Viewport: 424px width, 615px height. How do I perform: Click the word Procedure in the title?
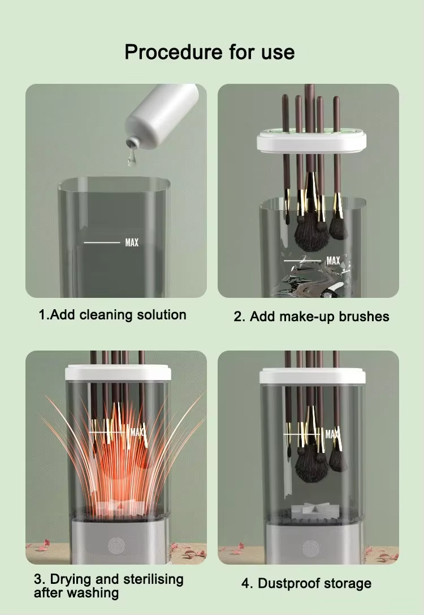pos(174,52)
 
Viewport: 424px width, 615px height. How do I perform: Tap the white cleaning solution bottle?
pos(162,114)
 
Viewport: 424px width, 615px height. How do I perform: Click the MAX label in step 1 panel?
pos(132,243)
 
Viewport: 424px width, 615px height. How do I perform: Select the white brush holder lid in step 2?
pos(311,142)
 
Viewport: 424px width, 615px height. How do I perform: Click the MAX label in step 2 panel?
pos(333,261)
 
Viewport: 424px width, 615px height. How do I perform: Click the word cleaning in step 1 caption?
pos(103,315)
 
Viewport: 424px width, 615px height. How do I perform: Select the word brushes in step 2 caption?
pos(364,317)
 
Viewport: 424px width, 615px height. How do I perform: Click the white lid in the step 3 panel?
pos(118,372)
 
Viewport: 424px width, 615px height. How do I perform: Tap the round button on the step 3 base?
pos(116,545)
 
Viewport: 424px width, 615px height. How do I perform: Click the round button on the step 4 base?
pos(311,548)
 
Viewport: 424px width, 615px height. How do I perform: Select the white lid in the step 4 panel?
pos(313,376)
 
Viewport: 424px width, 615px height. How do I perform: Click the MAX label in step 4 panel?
pos(332,434)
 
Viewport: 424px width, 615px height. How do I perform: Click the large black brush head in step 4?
pos(311,465)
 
